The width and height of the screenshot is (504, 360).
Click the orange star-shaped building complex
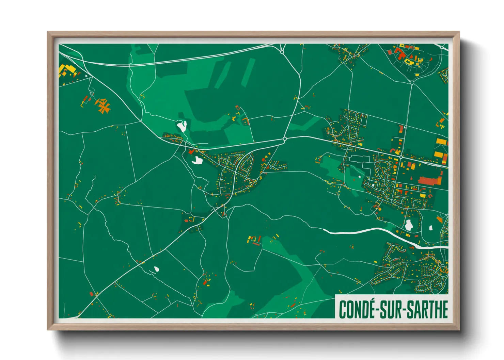coord(103,105)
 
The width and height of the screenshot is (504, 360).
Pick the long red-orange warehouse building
coord(430,180)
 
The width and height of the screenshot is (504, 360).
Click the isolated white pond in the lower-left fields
coord(156,269)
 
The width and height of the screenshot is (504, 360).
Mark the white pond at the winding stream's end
coord(182,126)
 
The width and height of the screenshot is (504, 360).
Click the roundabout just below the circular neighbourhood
coord(412,82)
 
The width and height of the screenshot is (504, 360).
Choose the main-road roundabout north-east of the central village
coord(285,139)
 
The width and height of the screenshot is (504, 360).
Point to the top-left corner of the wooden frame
coord(48,33)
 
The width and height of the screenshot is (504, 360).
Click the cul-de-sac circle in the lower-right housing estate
coord(404,250)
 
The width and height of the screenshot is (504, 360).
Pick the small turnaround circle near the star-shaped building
coord(91,93)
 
